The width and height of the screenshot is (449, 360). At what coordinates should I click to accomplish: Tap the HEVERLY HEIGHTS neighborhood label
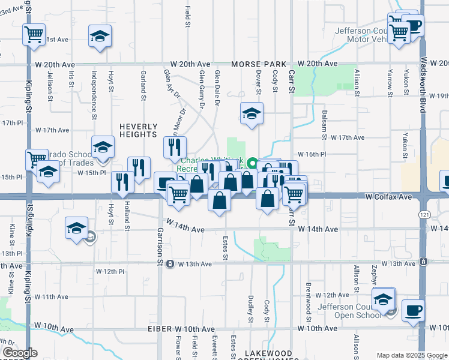138,130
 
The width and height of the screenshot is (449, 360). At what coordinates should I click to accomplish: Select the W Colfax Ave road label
389,197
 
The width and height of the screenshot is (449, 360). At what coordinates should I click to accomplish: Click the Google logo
20,353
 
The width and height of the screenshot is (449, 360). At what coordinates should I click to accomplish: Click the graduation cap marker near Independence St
100,36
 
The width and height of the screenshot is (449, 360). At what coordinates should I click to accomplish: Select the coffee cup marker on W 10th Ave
413,311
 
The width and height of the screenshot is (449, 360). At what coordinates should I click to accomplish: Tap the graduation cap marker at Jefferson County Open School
383,299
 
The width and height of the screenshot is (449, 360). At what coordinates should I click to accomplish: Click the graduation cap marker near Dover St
252,113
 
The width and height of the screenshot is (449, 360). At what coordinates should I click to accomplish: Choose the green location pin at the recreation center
253,163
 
